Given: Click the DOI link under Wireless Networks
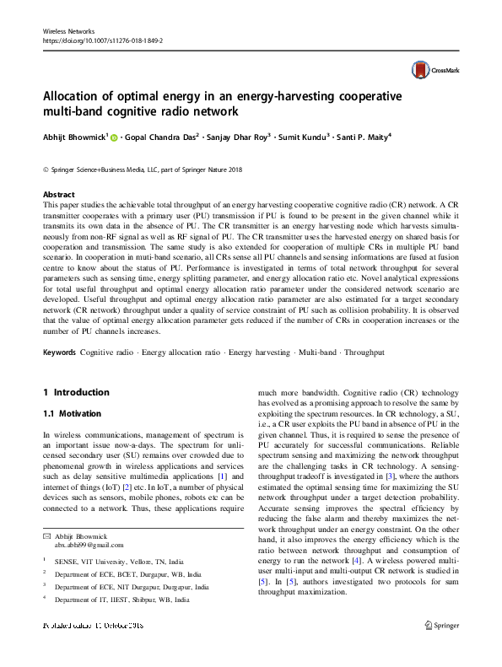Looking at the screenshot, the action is point(102,40).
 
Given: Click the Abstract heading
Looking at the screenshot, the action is point(58,194).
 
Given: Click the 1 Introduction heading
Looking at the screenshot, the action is point(76,392).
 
